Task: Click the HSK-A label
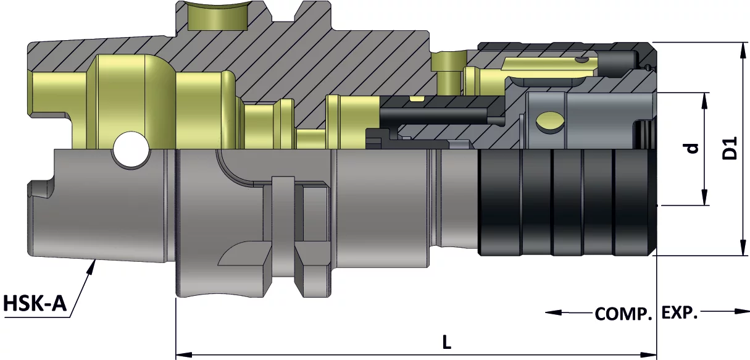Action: (x=35, y=304)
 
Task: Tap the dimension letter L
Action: (x=447, y=342)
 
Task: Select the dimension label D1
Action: (x=730, y=148)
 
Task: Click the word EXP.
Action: (x=680, y=313)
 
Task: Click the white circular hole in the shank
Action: (x=131, y=149)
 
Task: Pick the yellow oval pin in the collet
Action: (x=549, y=122)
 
